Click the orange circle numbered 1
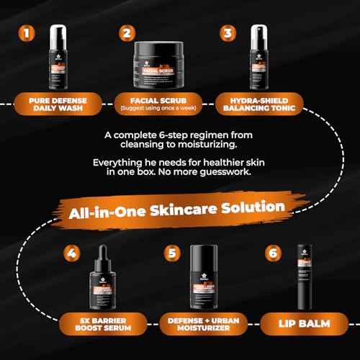27,33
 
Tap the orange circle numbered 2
127,33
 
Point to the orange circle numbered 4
72,253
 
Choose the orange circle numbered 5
171,253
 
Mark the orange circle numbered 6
271,253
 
